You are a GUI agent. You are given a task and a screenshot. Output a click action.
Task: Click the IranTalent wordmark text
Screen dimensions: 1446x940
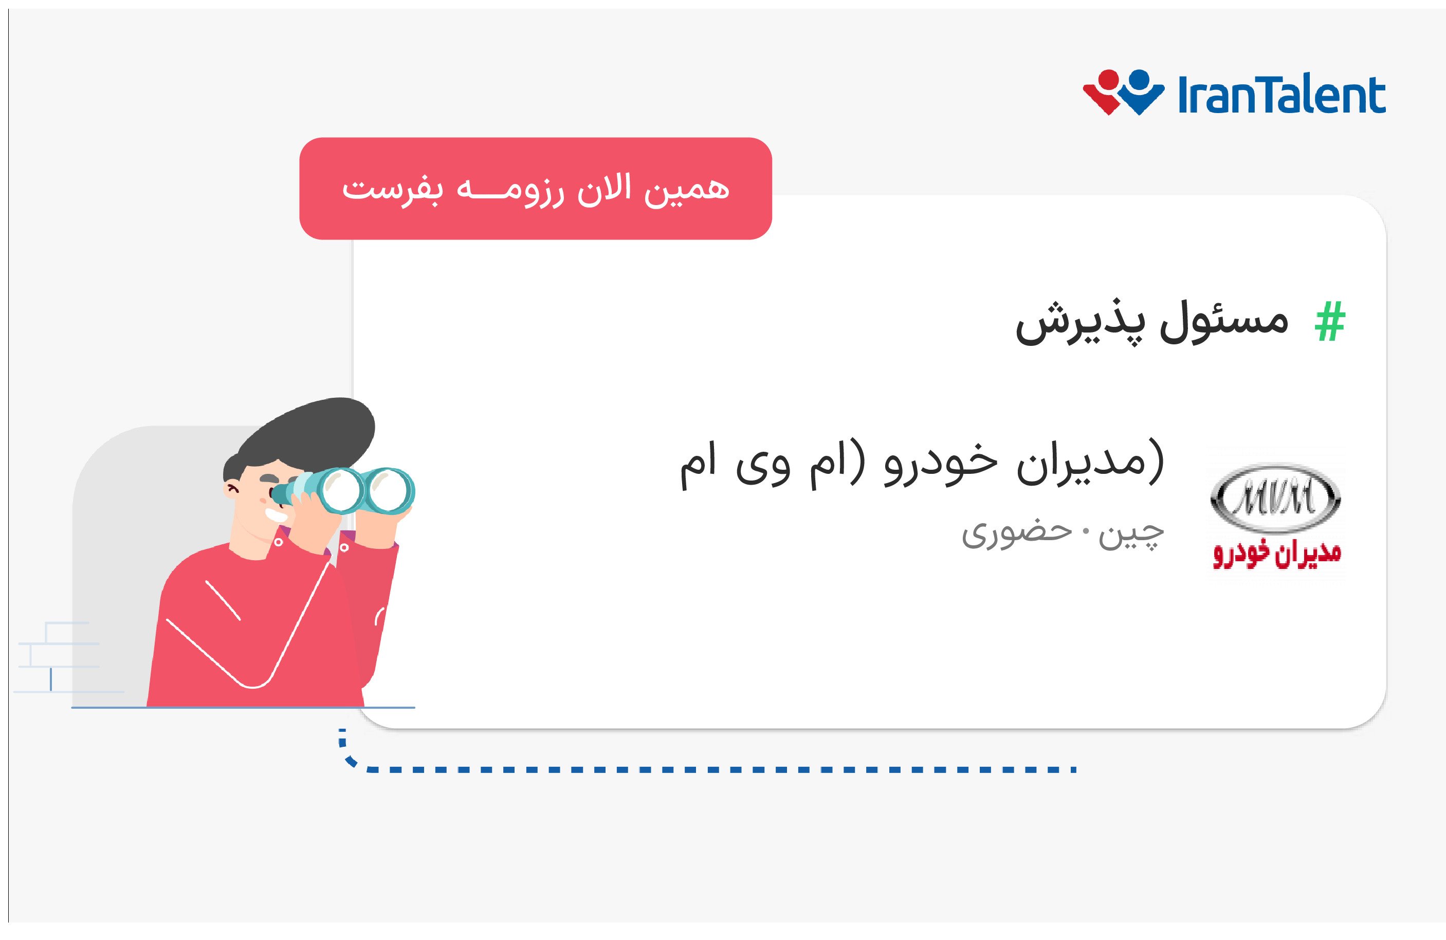tap(1282, 96)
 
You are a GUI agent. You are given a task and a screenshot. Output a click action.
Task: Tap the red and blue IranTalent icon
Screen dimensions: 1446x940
tap(1123, 93)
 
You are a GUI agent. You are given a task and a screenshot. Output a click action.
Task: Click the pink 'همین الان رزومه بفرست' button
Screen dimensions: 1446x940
tap(535, 189)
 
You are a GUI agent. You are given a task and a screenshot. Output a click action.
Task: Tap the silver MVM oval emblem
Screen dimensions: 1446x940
tap(1276, 498)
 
